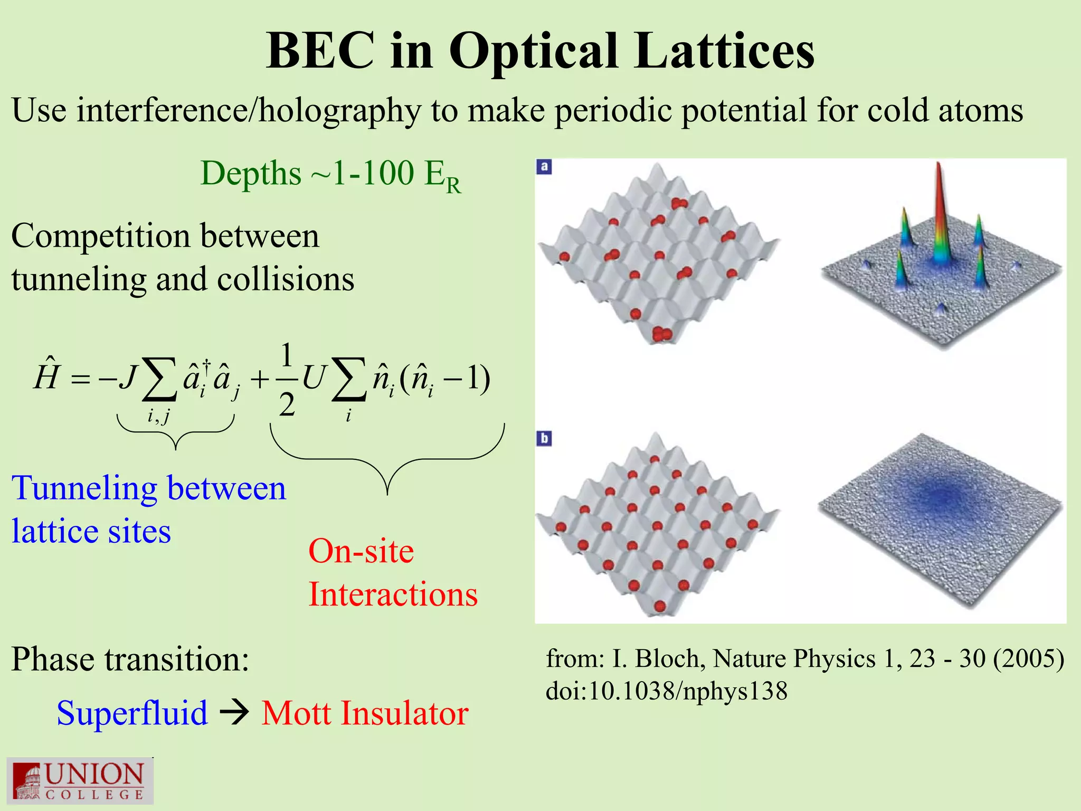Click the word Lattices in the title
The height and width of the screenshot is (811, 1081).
724,51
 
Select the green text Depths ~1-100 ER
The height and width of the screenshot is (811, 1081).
331,175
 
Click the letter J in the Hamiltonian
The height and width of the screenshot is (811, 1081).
128,377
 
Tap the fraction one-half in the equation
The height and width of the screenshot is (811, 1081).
286,380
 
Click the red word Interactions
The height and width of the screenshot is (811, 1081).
393,595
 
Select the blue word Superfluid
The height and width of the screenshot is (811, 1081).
132,713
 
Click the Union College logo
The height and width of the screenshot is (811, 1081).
80,780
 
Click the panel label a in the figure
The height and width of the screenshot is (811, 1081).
544,167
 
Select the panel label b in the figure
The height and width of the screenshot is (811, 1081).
544,438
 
